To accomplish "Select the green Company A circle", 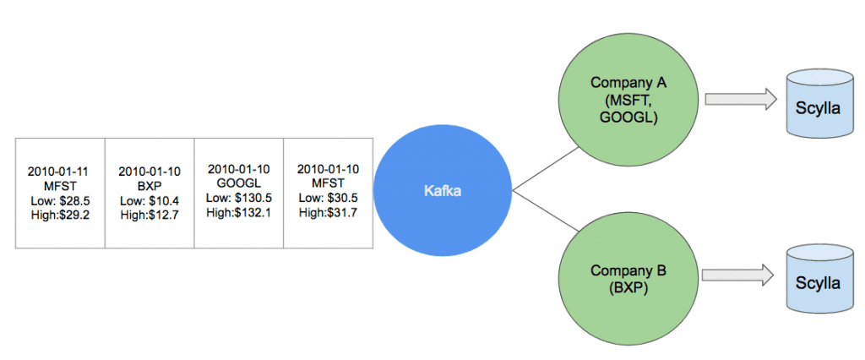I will click(628, 99).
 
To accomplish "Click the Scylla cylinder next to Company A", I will click(818, 106).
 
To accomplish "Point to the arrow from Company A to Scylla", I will click(740, 100).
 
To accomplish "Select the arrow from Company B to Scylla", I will click(740, 275).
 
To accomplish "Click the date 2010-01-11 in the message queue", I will click(58, 170).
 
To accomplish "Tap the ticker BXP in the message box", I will click(149, 185).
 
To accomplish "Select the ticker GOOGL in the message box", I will click(237, 183).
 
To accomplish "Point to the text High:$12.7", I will click(149, 215).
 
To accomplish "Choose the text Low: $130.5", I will click(237, 198).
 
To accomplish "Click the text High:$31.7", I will click(328, 212).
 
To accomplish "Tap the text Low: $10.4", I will click(149, 200).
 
